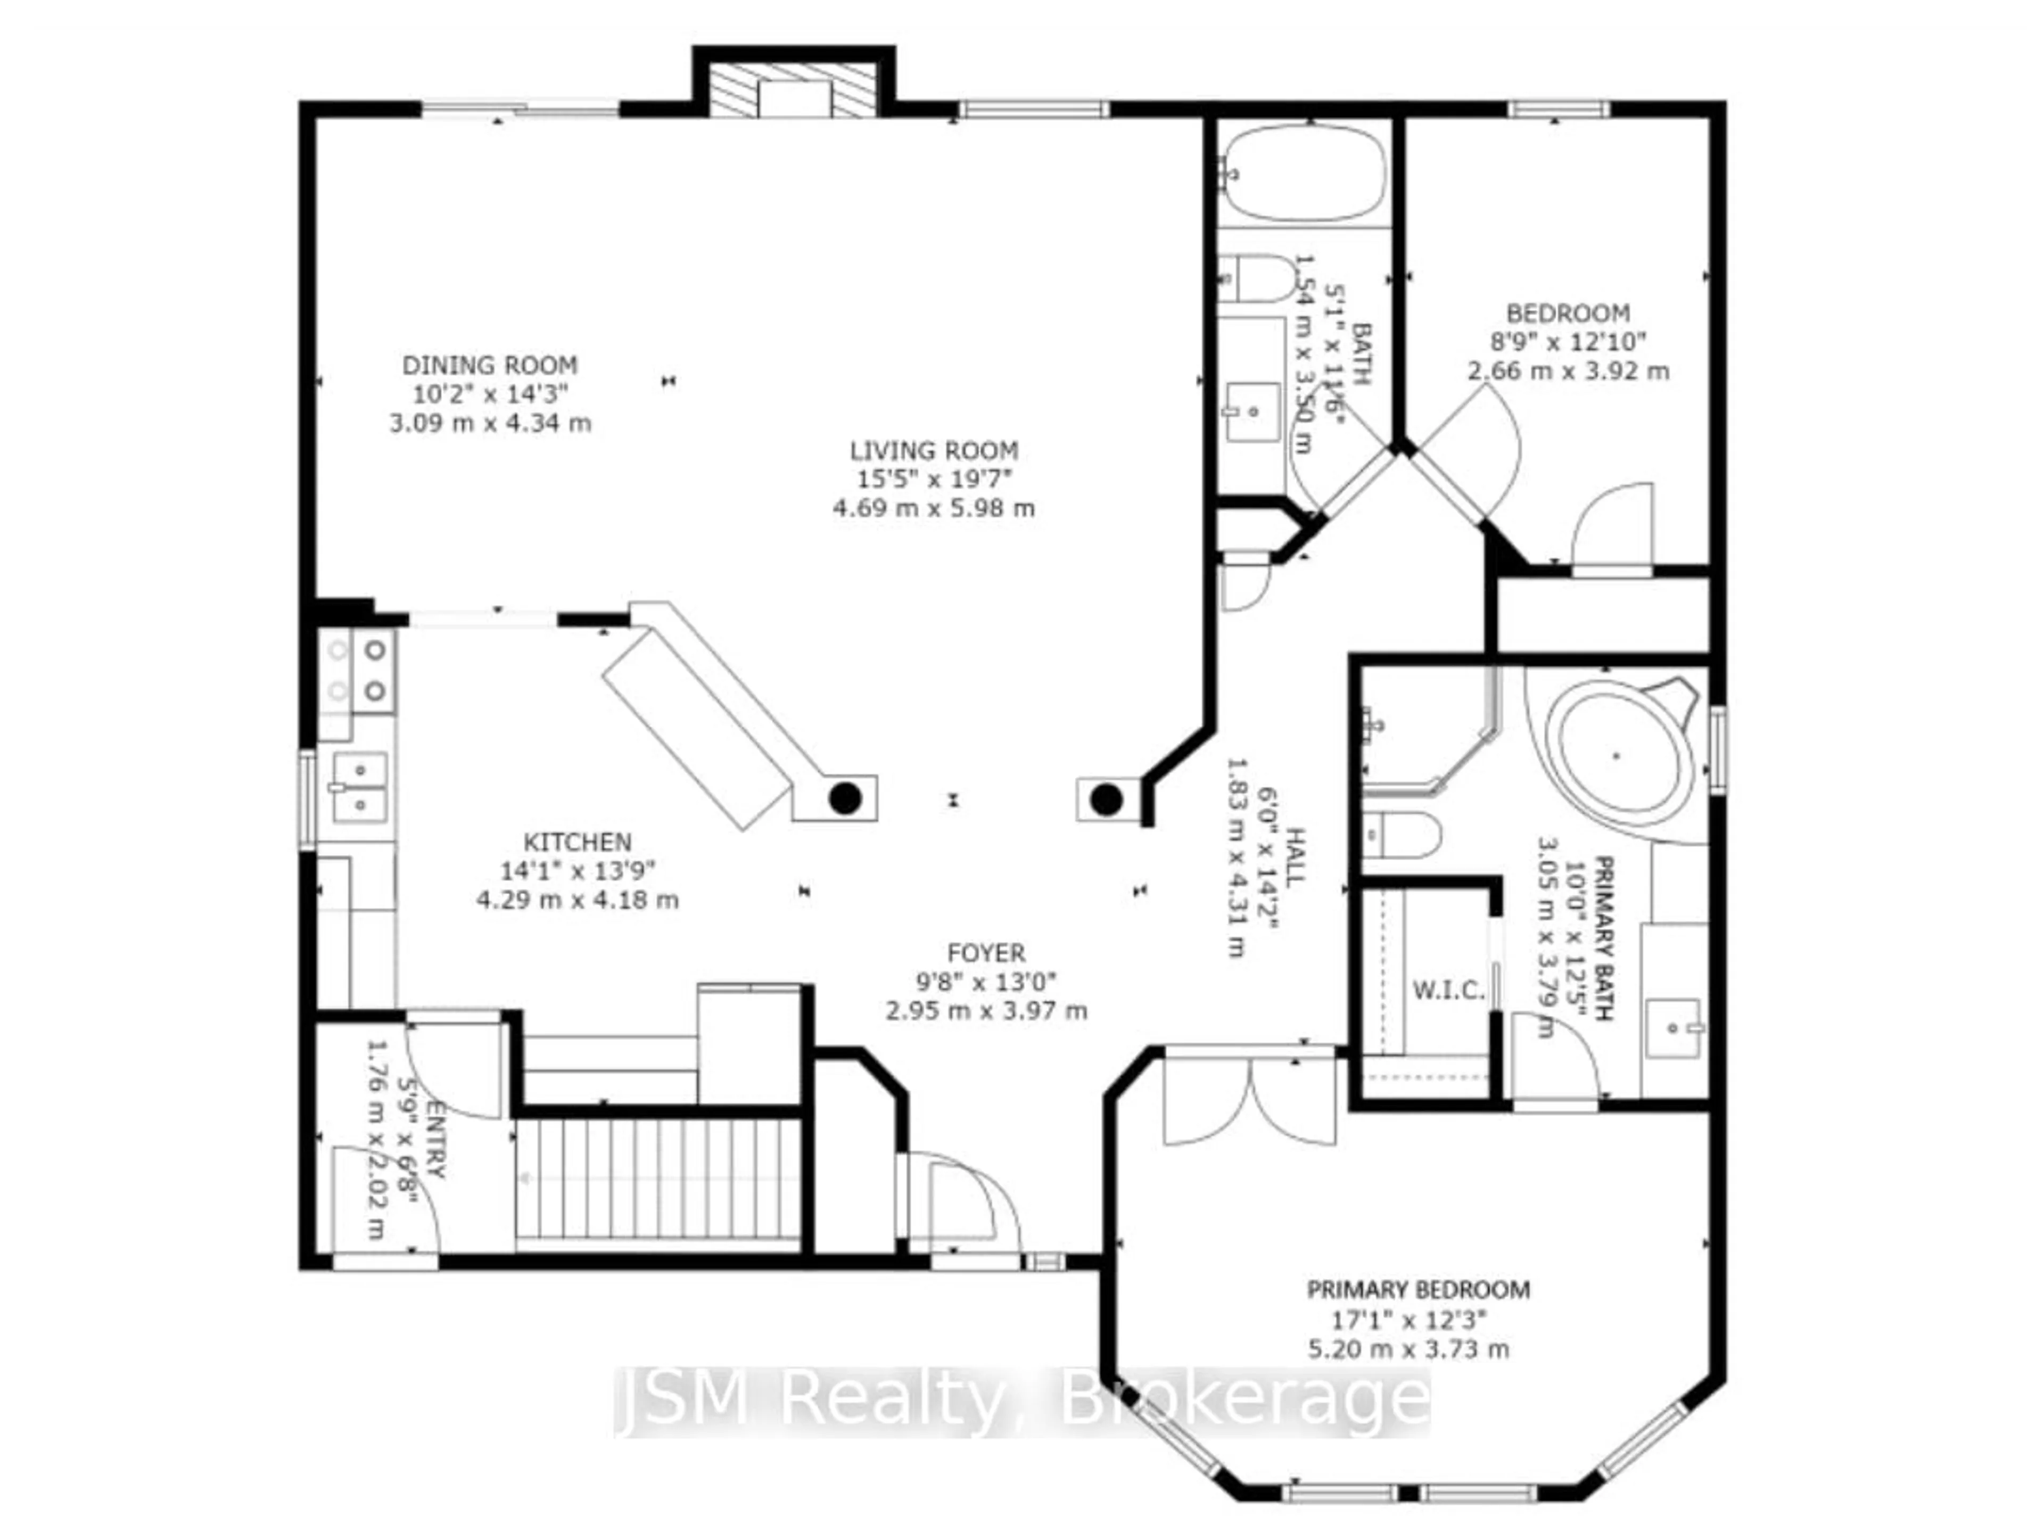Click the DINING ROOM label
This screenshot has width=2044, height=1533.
click(x=490, y=365)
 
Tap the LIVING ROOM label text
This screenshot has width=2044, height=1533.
click(x=933, y=451)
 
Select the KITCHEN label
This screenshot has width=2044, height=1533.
click(x=578, y=842)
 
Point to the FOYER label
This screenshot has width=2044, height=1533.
click(x=985, y=953)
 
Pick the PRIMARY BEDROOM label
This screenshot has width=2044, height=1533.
click(x=1417, y=1289)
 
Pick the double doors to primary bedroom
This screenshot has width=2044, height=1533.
click(x=1249, y=1100)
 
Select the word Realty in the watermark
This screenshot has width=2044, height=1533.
click(x=892, y=1400)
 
